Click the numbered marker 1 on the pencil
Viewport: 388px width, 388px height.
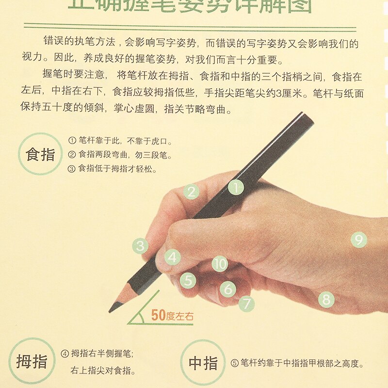236,187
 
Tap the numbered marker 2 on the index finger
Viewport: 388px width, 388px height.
192,192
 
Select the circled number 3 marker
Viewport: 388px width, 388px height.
141,246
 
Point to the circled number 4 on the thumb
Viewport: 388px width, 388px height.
172,257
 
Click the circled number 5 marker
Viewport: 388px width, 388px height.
188,280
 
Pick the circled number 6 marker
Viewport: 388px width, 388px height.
227,290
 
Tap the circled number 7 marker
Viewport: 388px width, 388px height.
246,304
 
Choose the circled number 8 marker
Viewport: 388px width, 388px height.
326,299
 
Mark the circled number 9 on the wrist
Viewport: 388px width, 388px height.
358,240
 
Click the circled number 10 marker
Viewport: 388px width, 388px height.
220,264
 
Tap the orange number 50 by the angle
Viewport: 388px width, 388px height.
159,315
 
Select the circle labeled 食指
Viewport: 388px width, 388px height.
40,154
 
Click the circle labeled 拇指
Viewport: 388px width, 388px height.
32,362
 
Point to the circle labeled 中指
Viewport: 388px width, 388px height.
203,363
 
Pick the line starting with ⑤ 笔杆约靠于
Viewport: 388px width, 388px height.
297,363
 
